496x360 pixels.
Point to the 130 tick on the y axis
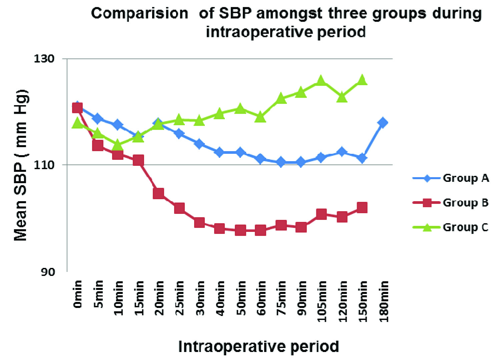[44, 59]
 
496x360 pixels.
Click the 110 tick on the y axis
[44, 165]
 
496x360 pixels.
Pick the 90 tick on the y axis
[47, 272]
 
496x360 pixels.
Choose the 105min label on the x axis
[322, 301]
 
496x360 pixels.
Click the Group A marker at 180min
[383, 122]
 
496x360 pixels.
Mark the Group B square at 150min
[362, 208]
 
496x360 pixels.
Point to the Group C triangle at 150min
[362, 80]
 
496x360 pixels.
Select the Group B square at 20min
[158, 193]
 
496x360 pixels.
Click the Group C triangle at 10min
[117, 145]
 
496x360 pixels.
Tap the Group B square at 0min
[77, 108]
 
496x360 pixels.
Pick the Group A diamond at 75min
[281, 162]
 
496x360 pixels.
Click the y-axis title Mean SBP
[21, 165]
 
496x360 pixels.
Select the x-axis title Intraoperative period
[259, 346]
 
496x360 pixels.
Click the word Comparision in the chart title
[139, 13]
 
